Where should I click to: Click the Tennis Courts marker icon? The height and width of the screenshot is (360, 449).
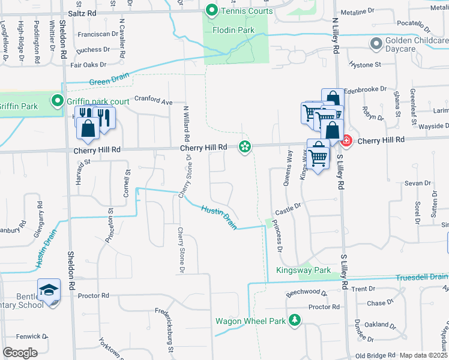tap(211, 11)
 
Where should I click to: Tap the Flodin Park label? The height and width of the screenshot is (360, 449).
tap(234, 30)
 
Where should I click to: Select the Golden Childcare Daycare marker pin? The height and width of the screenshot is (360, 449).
tap(376, 44)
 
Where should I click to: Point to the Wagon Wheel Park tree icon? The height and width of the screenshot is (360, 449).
tap(294, 320)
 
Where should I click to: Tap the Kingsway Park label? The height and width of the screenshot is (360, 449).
tap(303, 271)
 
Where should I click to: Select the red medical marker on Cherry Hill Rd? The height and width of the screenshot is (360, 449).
tap(346, 140)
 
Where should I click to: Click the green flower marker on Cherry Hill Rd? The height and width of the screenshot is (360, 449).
tap(244, 146)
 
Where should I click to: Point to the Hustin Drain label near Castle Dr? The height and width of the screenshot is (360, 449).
tap(219, 217)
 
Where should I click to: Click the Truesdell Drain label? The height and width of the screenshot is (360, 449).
tap(421, 277)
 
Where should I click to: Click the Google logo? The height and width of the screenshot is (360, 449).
tap(20, 353)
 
